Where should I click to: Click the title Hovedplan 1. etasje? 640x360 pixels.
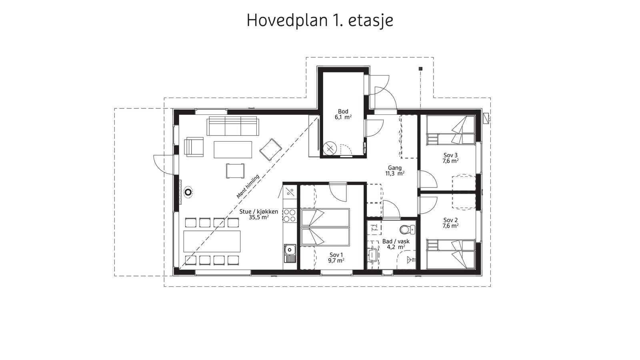320,20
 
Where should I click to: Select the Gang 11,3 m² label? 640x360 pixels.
394,171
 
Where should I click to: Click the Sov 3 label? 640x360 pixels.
450,158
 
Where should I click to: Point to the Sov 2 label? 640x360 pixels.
450,223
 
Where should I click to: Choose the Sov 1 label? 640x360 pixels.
336,258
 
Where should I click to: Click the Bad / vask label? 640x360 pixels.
396,244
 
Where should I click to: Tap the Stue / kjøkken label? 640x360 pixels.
258,214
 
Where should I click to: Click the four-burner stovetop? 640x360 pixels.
290,216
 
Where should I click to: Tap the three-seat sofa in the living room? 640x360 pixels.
232,126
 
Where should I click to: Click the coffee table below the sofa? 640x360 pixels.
233,150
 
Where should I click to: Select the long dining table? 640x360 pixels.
212,241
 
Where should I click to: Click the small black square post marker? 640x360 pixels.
420,69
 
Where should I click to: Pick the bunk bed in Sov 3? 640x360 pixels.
450,130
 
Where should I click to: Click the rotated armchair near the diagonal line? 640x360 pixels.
271,150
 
